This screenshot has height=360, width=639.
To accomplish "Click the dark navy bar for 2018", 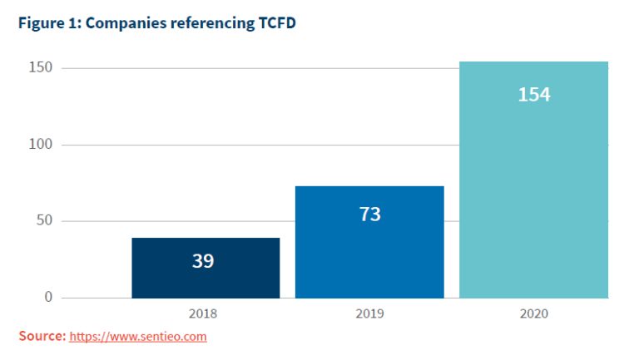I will [x=206, y=283].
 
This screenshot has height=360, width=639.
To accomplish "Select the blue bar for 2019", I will [x=369, y=249].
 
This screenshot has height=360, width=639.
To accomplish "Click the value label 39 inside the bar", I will [x=203, y=261].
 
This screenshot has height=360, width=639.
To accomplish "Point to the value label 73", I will [x=369, y=215].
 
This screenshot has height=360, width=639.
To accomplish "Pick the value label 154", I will [x=533, y=95].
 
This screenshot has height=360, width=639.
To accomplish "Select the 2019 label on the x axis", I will [x=369, y=314].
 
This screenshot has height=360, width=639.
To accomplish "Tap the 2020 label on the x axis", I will [x=533, y=314].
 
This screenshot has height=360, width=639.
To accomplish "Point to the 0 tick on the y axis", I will [x=48, y=297].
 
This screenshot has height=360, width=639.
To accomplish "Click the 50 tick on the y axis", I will [x=44, y=220].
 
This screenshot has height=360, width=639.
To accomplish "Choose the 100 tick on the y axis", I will [x=41, y=144].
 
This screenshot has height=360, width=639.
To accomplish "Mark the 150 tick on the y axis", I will [x=41, y=67].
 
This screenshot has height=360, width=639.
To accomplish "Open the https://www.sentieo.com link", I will [x=138, y=337].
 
